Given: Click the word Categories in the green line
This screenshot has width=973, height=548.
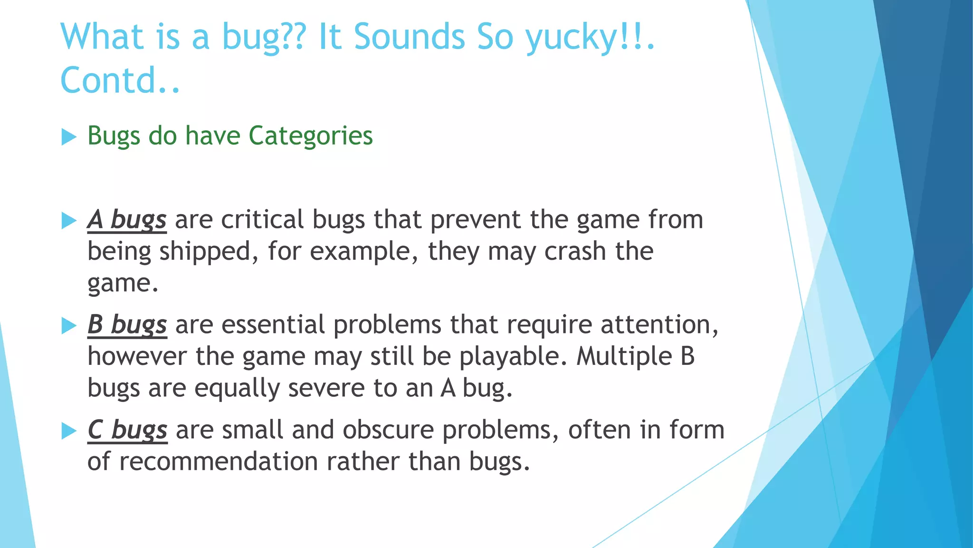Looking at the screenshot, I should point(311,136).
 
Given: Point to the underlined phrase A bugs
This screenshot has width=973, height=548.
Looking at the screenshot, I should point(127,220).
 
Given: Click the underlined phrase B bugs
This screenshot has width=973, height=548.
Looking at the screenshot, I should point(127,325).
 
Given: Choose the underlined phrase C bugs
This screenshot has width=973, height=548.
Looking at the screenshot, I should point(127,431).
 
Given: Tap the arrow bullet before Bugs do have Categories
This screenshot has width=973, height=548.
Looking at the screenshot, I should point(69,137).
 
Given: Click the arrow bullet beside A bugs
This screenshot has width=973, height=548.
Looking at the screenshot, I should point(69,221).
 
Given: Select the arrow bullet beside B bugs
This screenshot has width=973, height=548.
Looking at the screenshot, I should point(69,326).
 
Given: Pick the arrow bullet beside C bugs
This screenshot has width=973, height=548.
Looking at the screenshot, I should point(69,431).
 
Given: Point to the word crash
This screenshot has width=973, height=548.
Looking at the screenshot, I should point(575,252).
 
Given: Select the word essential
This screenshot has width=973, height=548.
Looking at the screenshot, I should point(273,325).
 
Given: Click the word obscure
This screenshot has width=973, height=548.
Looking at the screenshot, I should point(389,431).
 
